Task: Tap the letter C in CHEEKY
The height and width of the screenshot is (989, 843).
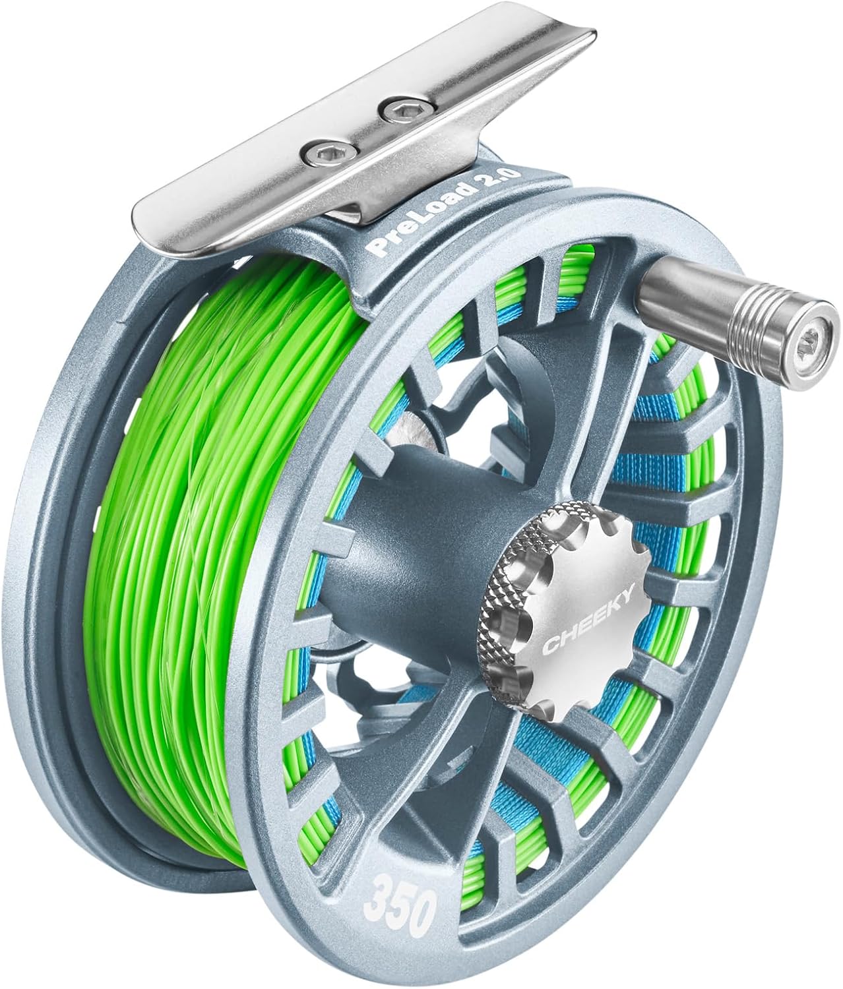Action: pos(551,649)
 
